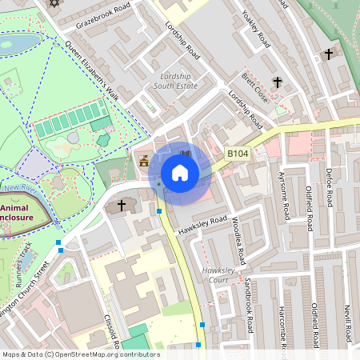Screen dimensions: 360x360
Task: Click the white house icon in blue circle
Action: [x=180, y=173]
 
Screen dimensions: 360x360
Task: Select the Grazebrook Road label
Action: [x=102, y=16]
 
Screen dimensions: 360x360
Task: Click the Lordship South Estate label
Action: [x=174, y=79]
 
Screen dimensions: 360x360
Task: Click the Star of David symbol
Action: [x=54, y=3]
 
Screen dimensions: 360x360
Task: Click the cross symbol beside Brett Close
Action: [x=278, y=82]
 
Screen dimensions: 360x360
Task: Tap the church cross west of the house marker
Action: [x=122, y=206]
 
